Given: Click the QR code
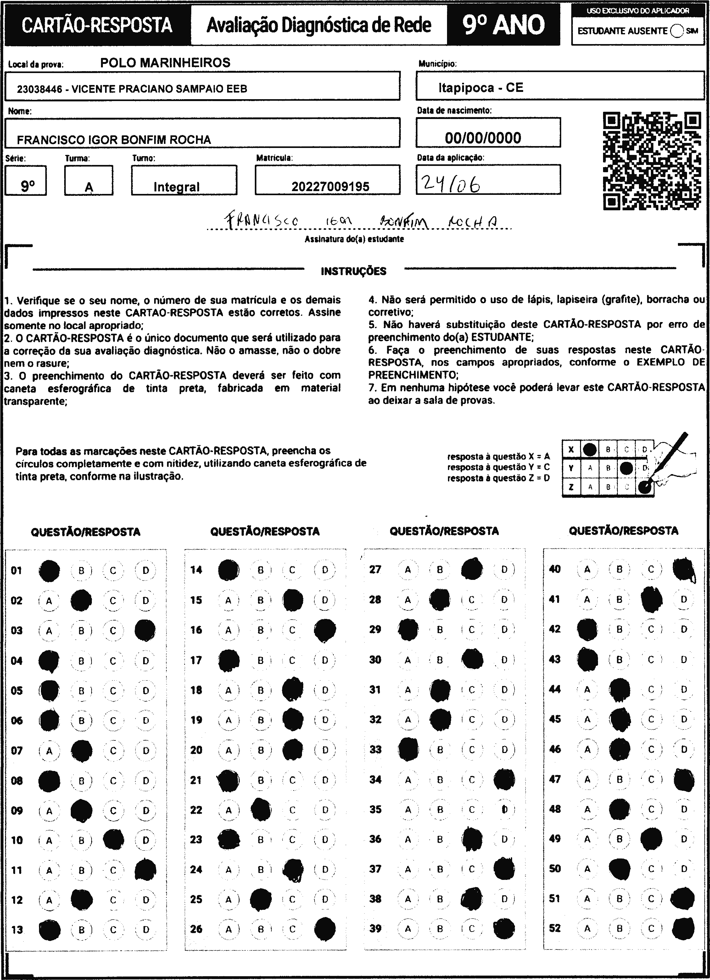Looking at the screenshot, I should tap(652, 161).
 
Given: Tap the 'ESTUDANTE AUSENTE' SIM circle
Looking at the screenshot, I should tap(677, 31).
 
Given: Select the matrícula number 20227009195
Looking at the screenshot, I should tap(330, 187).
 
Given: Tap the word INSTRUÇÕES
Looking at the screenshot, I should tap(353, 271).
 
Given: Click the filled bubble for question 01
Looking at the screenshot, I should tap(49, 570).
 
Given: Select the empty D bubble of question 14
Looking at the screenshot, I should tap(325, 570).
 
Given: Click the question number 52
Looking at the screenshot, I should tap(555, 928).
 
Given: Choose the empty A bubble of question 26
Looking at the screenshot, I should tap(228, 929).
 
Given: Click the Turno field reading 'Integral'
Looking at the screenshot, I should tap(177, 187).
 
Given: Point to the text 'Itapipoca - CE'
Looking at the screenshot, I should tap(481, 88).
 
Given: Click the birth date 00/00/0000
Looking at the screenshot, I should tap(483, 138).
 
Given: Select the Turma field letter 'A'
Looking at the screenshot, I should tap(89, 187).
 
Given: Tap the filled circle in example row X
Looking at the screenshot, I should tap(590, 449).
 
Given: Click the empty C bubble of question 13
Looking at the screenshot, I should tap(113, 929).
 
